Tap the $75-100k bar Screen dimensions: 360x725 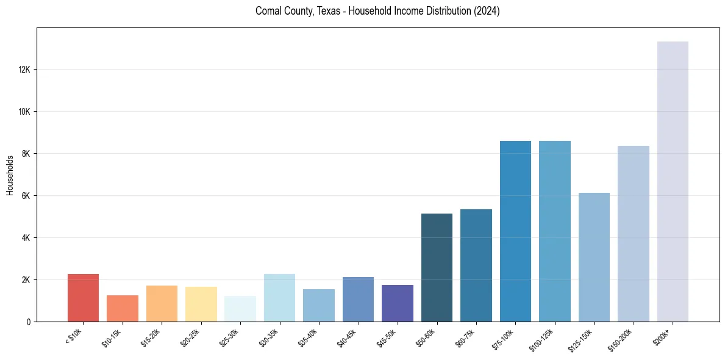(515, 231)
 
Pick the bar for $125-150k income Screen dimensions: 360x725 (594, 257)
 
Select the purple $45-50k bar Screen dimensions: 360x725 (397, 303)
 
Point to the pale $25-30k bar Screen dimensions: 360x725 (240, 309)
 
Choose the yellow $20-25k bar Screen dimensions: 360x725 (201, 304)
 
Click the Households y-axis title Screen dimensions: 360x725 (10, 175)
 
